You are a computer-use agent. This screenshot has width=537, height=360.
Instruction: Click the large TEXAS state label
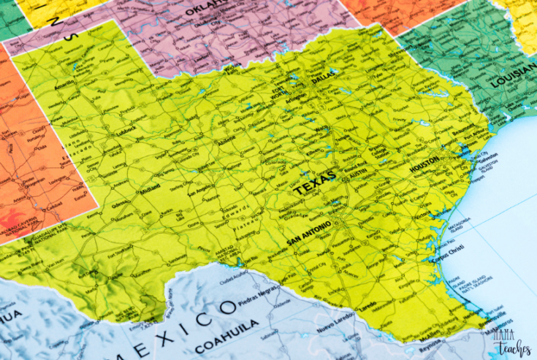(x=315, y=183)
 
